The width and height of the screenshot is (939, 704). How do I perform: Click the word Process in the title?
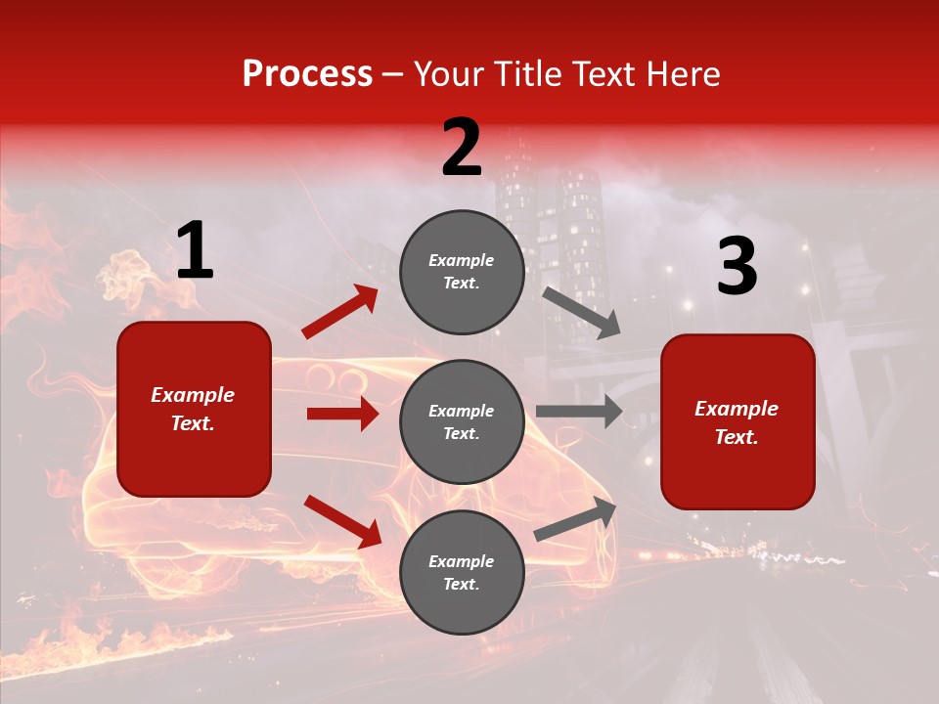coord(307,74)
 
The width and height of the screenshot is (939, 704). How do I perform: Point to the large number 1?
coord(195,251)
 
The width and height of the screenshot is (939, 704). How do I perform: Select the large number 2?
coord(462,148)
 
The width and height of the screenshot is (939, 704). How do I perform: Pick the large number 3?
coord(737,267)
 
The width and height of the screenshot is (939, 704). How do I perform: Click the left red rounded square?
coord(194,409)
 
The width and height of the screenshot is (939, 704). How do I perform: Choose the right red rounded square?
coord(738,422)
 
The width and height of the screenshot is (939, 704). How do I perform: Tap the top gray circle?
coord(462,272)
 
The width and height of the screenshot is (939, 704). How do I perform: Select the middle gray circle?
coord(462,422)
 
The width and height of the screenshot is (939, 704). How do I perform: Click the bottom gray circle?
coord(462,573)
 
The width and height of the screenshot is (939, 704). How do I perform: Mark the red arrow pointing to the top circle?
coord(340,312)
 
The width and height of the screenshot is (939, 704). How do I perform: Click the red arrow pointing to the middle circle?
coord(342,414)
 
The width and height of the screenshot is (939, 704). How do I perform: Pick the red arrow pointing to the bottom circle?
coord(342,520)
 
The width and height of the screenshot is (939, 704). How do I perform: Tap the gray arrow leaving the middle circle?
coord(579,412)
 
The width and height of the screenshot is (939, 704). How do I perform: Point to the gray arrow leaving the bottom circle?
coord(575,518)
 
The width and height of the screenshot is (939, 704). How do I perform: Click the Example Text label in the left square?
coord(194,409)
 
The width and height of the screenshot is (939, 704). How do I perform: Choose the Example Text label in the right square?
coord(738,422)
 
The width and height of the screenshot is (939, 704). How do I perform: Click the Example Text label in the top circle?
coord(462,272)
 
